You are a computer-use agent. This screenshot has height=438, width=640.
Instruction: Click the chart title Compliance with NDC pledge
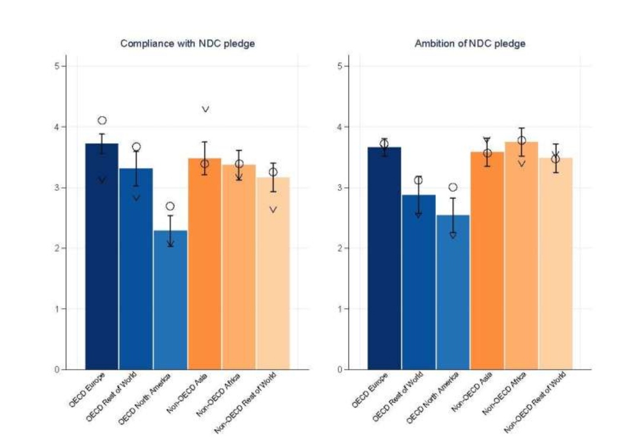187,44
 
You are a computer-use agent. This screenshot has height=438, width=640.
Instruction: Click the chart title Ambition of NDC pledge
470,44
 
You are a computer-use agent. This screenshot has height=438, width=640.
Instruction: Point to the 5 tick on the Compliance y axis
57,66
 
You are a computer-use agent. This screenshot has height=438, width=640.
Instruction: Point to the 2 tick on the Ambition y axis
340,248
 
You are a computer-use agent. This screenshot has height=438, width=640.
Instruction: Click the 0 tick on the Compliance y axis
57,370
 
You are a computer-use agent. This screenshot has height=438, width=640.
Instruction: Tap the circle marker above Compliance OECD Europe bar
102,120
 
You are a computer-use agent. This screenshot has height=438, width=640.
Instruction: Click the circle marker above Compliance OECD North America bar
170,206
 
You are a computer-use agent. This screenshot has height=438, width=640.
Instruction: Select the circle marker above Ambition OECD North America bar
453,187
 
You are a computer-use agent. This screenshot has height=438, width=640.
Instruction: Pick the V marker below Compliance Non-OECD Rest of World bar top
273,209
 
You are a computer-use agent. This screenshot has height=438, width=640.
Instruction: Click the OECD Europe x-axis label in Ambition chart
370,391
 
